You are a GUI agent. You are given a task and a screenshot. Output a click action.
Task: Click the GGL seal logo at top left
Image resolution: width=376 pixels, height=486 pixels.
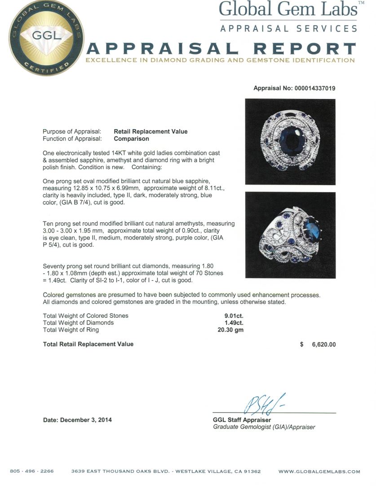[46, 39]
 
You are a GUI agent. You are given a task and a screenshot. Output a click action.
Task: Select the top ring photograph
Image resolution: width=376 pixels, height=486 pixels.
[290, 140]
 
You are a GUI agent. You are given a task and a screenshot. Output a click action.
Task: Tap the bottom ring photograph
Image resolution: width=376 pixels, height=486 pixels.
[290, 235]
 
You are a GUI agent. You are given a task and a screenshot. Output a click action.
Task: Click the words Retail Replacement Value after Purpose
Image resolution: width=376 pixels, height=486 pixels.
[150, 131]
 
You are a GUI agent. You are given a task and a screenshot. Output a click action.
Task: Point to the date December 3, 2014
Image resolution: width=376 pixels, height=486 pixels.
[77, 420]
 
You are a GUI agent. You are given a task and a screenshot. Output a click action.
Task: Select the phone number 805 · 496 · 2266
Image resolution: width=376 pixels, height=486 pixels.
[32, 472]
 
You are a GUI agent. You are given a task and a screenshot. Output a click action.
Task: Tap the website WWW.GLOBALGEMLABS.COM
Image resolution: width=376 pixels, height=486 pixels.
[319, 472]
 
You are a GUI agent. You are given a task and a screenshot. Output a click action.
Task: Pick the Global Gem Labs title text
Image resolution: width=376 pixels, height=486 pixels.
[288, 9]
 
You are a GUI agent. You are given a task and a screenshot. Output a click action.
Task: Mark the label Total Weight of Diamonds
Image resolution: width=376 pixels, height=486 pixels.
[78, 323]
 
